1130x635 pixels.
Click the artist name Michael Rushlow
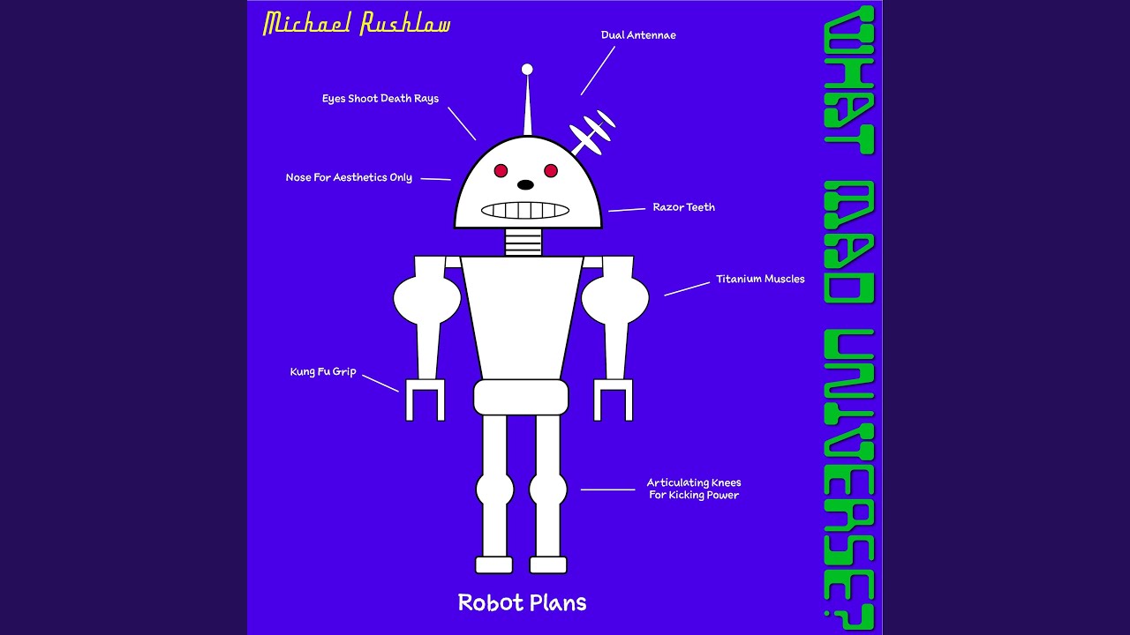(x=357, y=24)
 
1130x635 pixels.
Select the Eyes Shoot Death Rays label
(x=380, y=99)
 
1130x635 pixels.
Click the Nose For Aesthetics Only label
(x=349, y=177)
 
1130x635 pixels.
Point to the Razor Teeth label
(x=683, y=207)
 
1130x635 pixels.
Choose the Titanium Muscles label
(x=760, y=279)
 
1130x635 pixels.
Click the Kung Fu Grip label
(x=323, y=371)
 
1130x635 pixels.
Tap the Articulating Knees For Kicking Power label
(x=694, y=489)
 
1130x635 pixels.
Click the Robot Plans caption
(x=522, y=603)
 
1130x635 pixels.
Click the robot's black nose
(x=525, y=185)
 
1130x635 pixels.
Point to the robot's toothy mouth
(x=525, y=211)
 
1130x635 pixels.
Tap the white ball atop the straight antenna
(x=527, y=69)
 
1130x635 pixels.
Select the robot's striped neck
(x=524, y=242)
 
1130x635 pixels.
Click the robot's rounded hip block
(x=521, y=397)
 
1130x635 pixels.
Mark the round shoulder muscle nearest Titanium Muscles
(x=615, y=299)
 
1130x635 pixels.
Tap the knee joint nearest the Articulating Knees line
(x=548, y=489)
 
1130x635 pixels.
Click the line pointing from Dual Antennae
(x=598, y=71)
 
